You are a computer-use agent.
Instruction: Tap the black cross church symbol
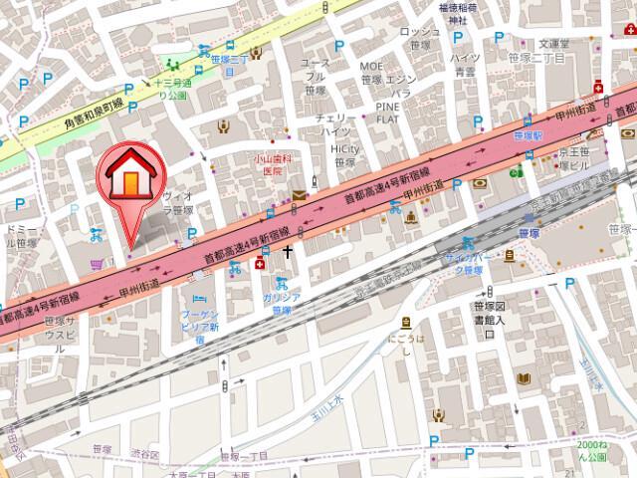pyautogui.click(x=289, y=251)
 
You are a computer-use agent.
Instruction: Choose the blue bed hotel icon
pyautogui.click(x=198, y=299)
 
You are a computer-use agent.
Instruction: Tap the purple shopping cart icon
pyautogui.click(x=95, y=264)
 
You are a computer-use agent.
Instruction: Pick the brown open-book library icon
pyautogui.click(x=525, y=379)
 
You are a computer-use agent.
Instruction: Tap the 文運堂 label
pyautogui.click(x=552, y=44)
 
